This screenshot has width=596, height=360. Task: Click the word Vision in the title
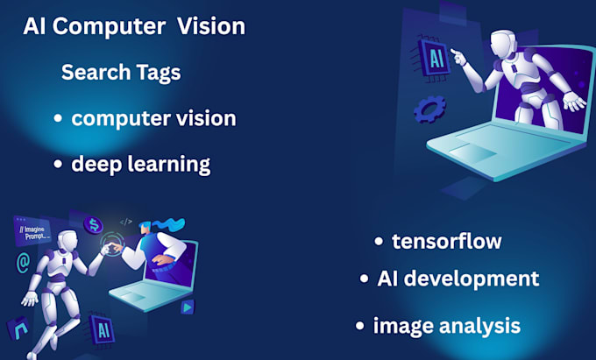(211, 27)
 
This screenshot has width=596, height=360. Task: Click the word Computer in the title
(109, 27)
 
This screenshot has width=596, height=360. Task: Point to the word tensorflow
(447, 241)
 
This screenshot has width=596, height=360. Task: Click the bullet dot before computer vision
(57, 118)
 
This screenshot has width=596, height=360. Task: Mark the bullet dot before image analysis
(359, 326)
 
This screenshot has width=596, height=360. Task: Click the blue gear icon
(429, 109)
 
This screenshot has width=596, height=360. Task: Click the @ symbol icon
(23, 260)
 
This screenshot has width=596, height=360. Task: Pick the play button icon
(187, 307)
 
